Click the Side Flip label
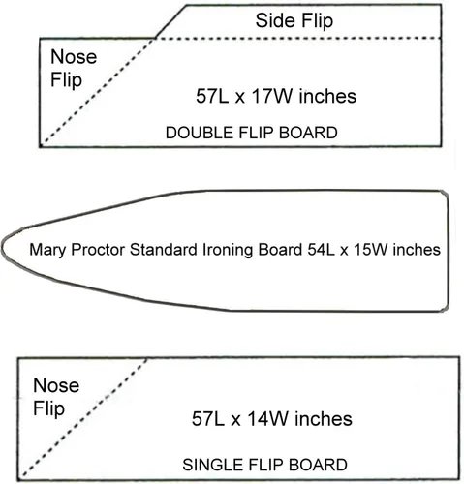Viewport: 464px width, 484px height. pyautogui.click(x=294, y=21)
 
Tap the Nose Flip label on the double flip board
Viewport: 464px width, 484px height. pyautogui.click(x=74, y=69)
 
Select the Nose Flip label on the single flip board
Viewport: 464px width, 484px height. pyautogui.click(x=56, y=397)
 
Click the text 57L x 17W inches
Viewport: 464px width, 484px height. pyautogui.click(x=276, y=96)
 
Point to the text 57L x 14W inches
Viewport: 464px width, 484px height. pyautogui.click(x=272, y=419)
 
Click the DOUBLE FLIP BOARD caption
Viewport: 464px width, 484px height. pyautogui.click(x=252, y=133)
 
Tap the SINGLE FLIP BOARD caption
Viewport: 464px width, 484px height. pyautogui.click(x=264, y=465)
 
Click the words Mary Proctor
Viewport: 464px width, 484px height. pyautogui.click(x=77, y=250)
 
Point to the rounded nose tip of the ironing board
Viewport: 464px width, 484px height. pyautogui.click(x=2, y=248)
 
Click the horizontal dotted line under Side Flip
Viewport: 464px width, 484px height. pyautogui.click(x=297, y=39)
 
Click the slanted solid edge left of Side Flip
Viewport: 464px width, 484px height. pyautogui.click(x=170, y=21)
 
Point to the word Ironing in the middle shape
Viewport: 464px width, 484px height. pyautogui.click(x=228, y=250)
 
